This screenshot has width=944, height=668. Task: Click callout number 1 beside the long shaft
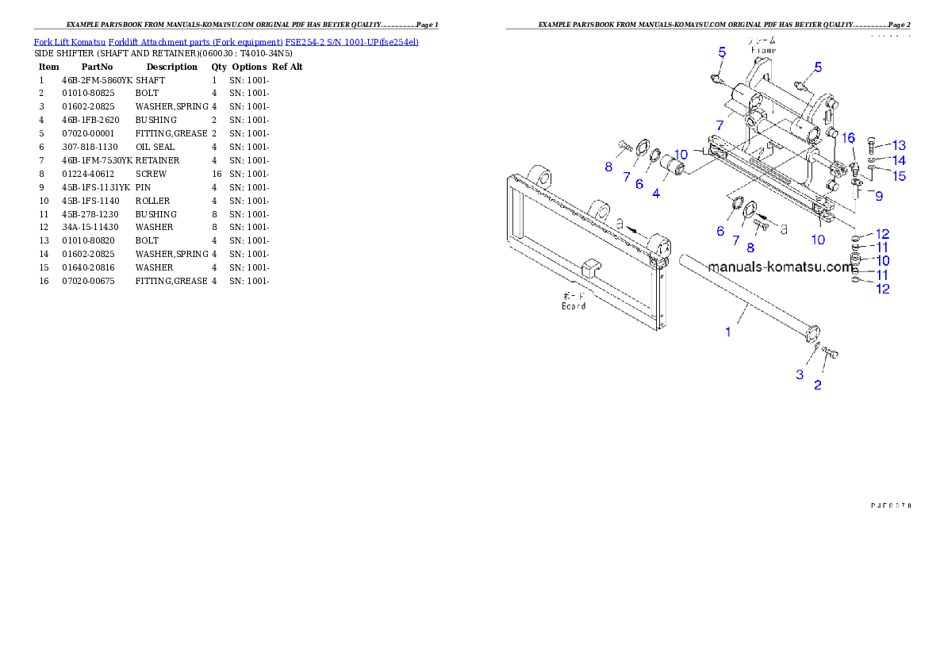point(728,332)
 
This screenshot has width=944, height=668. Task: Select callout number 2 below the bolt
point(817,386)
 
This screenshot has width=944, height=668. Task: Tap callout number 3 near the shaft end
point(800,374)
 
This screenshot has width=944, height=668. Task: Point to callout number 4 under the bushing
point(656,193)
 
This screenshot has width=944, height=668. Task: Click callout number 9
point(879,195)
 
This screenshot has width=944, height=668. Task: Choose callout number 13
point(898,145)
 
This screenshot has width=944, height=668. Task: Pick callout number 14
point(898,160)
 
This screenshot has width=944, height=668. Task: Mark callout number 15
point(898,175)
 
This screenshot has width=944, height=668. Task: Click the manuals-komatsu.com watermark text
point(781,267)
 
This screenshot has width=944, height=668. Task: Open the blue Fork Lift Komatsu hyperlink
point(226,41)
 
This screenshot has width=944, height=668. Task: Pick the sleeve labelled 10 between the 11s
point(858,261)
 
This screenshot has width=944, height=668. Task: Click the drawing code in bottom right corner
point(890,505)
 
